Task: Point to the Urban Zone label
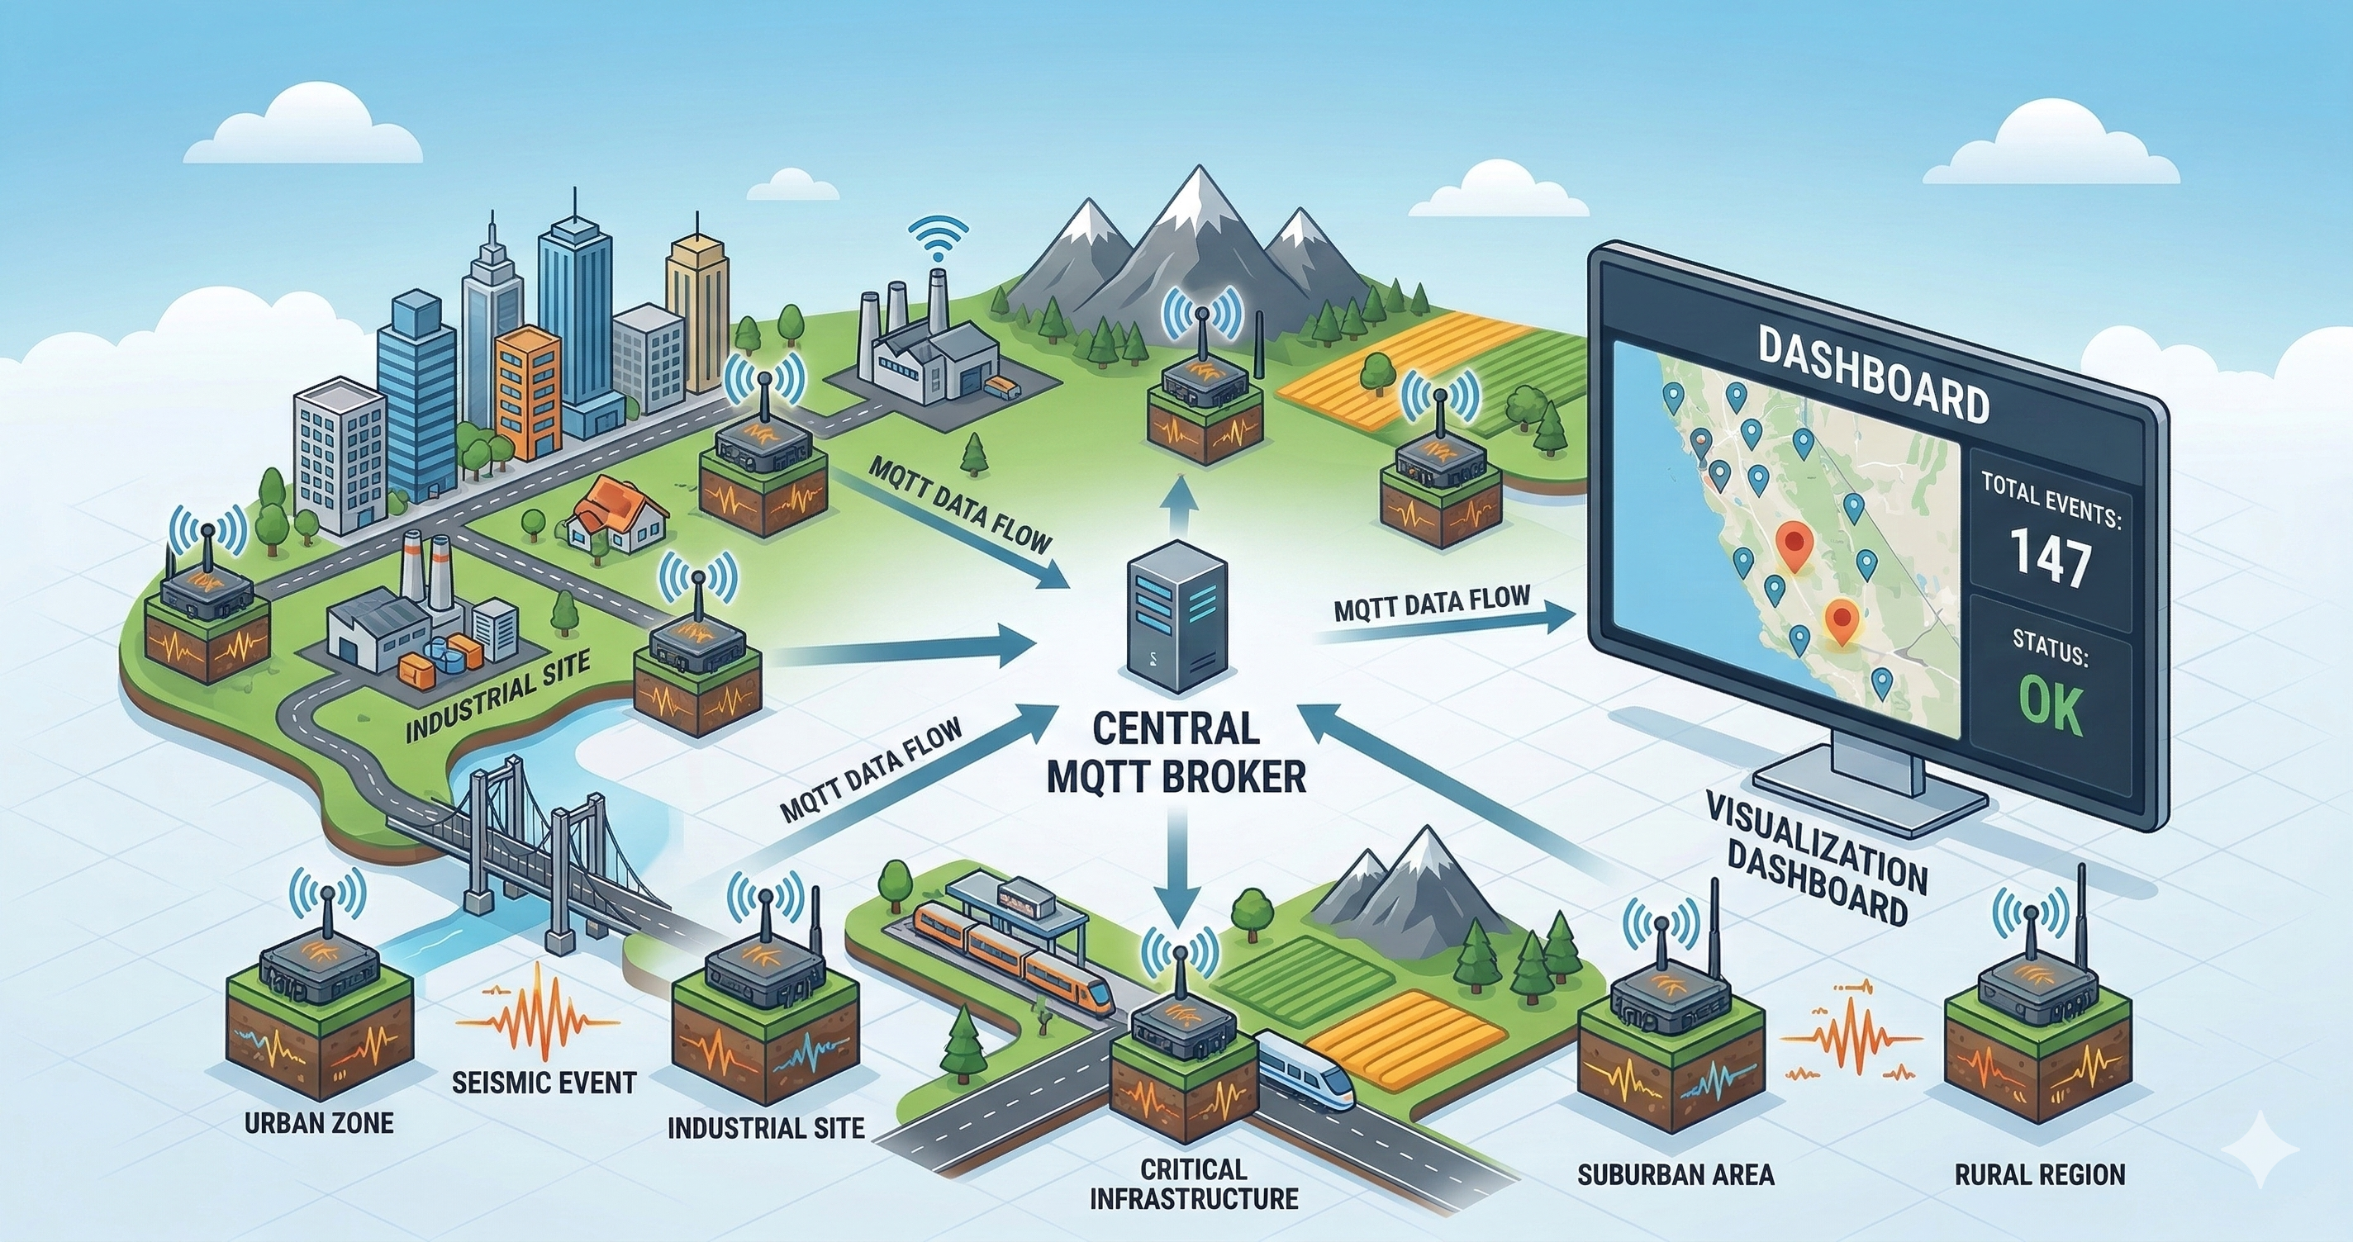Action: pyautogui.click(x=319, y=1121)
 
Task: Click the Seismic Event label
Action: pyautogui.click(x=544, y=1083)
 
